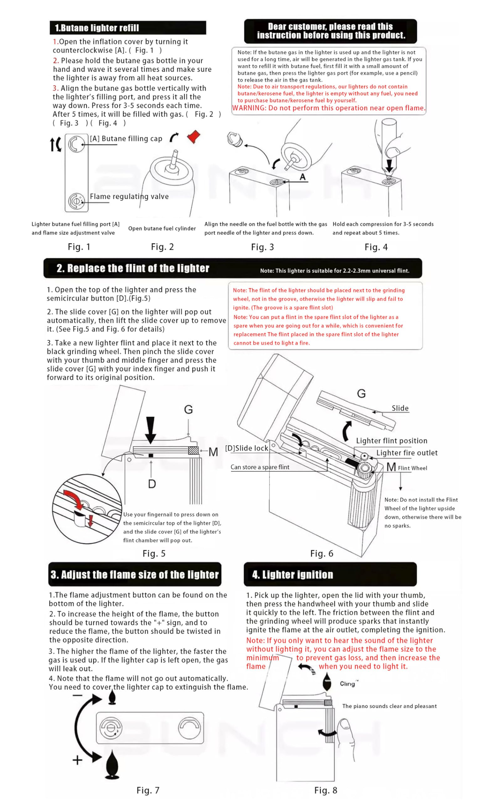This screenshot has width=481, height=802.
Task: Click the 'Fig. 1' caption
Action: coord(79,247)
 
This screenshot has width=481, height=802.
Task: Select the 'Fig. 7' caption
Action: coord(148,790)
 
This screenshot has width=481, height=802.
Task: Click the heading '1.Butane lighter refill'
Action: coord(96,28)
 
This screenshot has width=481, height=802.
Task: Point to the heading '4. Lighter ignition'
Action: coord(292,575)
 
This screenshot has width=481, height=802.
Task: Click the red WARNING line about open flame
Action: coord(328,108)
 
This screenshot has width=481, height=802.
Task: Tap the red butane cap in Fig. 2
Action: coord(194,137)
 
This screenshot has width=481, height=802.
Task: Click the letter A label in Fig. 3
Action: coord(303,177)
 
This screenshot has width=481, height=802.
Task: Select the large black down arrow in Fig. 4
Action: coord(389,165)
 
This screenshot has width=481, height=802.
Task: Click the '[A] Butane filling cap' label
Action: coord(126,138)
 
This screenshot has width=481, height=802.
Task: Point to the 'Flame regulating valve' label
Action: coord(129,196)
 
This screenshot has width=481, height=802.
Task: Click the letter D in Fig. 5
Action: coord(152,484)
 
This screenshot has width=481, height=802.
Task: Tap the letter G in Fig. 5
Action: coord(188,409)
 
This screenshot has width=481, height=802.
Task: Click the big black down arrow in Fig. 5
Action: coord(150,430)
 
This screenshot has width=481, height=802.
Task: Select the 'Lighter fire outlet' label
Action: coord(406,453)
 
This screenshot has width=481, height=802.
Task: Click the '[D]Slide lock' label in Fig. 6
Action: coord(246,448)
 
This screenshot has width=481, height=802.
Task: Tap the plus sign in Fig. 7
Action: coord(77,760)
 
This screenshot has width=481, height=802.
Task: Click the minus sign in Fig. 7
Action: coord(77,695)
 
